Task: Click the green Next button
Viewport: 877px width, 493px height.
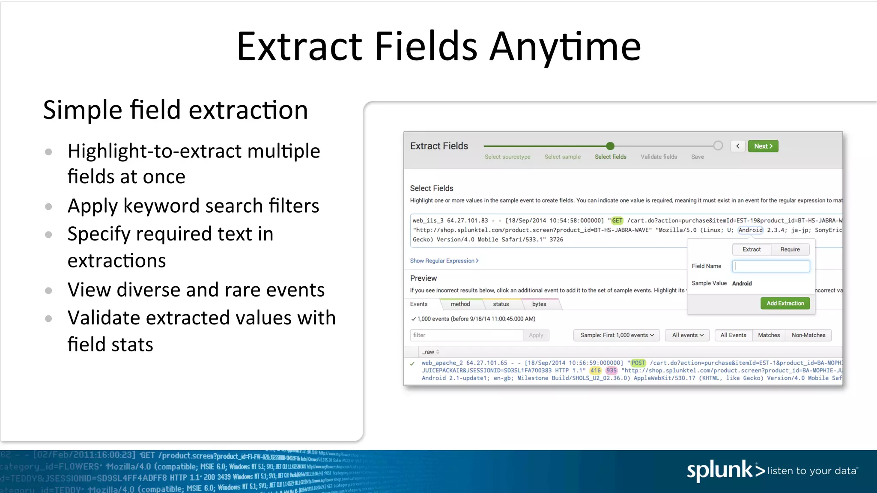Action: pyautogui.click(x=763, y=146)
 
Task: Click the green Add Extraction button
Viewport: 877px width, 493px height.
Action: pyautogui.click(x=785, y=303)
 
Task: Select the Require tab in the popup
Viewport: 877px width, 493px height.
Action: pyautogui.click(x=790, y=249)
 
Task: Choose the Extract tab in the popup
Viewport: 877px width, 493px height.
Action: pyautogui.click(x=751, y=249)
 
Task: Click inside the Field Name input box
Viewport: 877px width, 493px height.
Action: pyautogui.click(x=771, y=266)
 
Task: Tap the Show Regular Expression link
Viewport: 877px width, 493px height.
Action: pyautogui.click(x=444, y=261)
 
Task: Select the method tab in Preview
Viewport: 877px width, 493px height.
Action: pyautogui.click(x=460, y=304)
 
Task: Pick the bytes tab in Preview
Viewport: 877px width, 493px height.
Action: pyautogui.click(x=539, y=304)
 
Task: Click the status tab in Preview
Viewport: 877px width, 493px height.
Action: pyautogui.click(x=501, y=304)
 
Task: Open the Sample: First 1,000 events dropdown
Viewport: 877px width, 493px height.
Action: pyautogui.click(x=617, y=335)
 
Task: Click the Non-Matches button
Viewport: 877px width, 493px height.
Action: pyautogui.click(x=808, y=335)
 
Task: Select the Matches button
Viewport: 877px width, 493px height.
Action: pyautogui.click(x=769, y=335)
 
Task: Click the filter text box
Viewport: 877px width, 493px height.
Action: pyautogui.click(x=466, y=335)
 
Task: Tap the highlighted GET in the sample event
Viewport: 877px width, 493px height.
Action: pyautogui.click(x=617, y=220)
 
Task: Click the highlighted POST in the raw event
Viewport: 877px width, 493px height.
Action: pyautogui.click(x=638, y=363)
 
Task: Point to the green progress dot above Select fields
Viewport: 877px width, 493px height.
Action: pyautogui.click(x=610, y=146)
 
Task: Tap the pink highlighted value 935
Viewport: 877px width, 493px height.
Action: pyautogui.click(x=612, y=371)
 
